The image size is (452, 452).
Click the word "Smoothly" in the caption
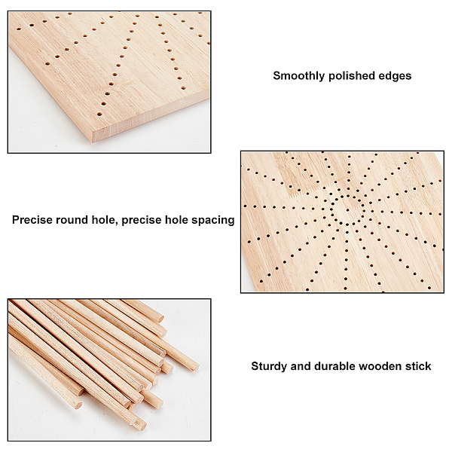click(x=299, y=76)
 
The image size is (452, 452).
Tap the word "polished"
click(x=352, y=76)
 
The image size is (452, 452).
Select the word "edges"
click(x=395, y=76)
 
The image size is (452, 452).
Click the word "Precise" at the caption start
click(x=32, y=220)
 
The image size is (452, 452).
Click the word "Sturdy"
click(x=269, y=366)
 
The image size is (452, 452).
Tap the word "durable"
click(x=334, y=366)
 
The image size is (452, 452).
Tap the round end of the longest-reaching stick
click(x=194, y=365)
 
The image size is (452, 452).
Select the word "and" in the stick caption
click(x=301, y=366)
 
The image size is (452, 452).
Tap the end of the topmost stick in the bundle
click(x=160, y=319)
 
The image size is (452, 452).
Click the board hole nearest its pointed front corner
click(x=99, y=115)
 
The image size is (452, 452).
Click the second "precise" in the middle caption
click(x=142, y=221)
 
